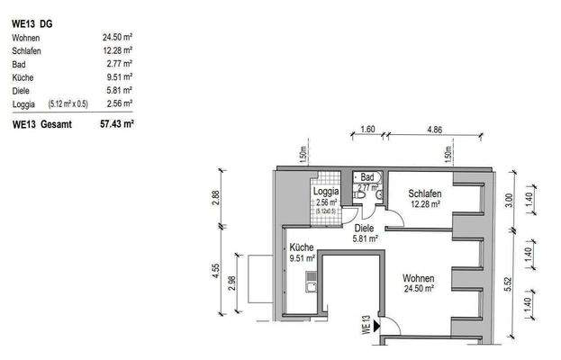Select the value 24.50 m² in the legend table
(117, 38)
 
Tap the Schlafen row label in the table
(28, 51)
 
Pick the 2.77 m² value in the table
(120, 64)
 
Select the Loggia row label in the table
(24, 104)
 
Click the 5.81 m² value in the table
(120, 91)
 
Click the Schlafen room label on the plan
(423, 193)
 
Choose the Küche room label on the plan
(300, 247)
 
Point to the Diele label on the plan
(364, 229)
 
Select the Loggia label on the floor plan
(325, 193)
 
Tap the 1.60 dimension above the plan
(366, 130)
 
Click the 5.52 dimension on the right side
(508, 282)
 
